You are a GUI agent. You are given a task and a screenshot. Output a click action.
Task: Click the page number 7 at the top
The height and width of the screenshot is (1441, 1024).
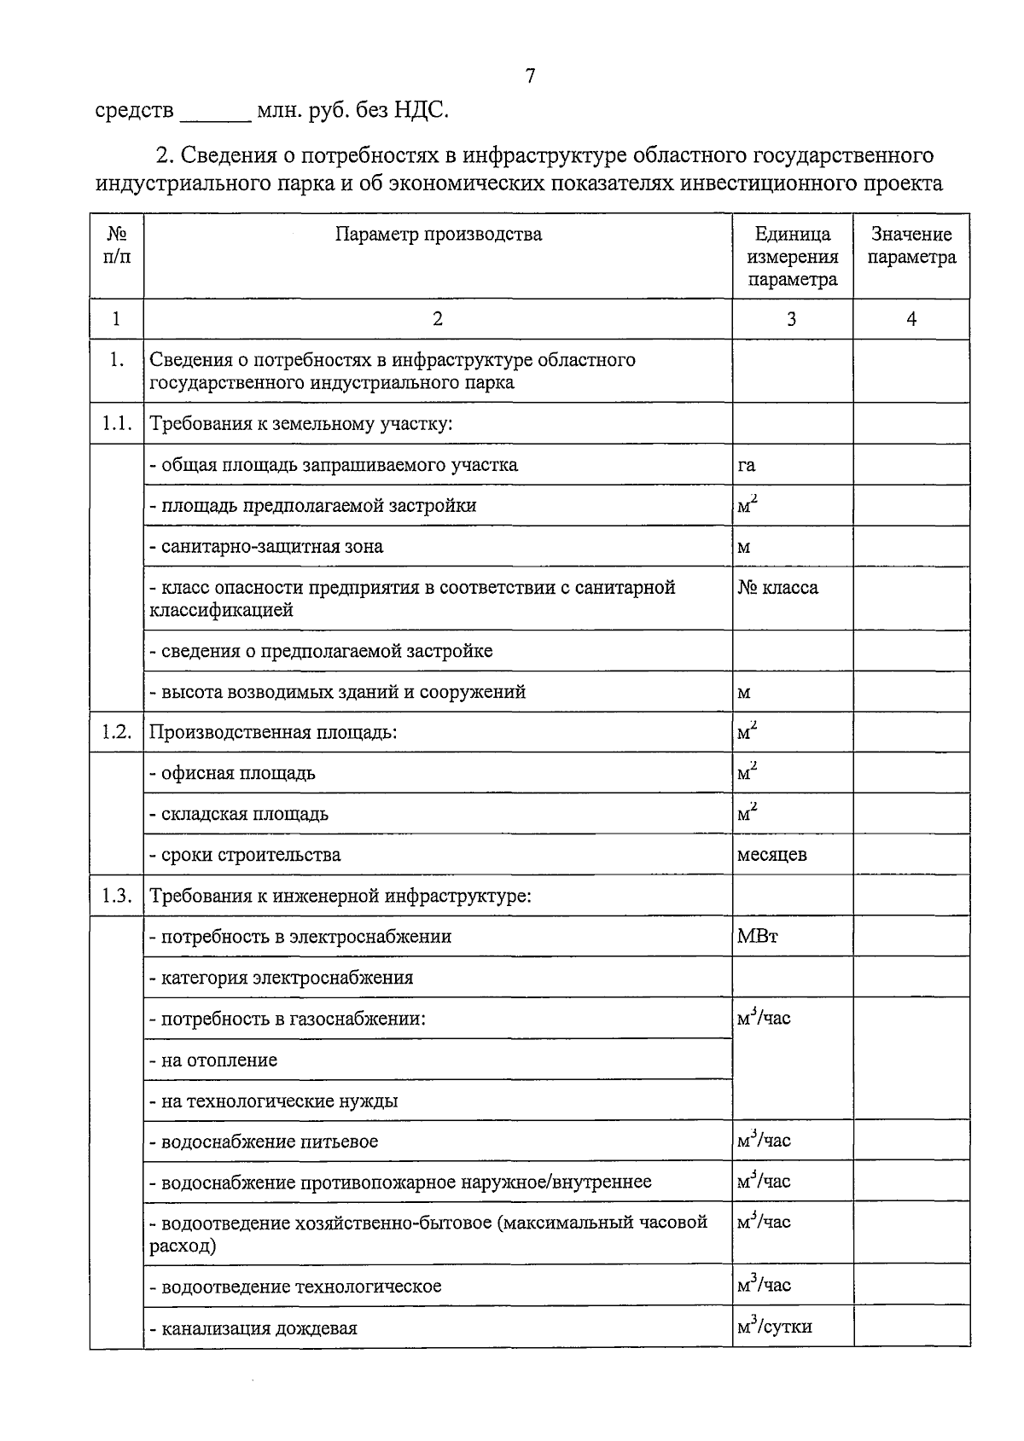[x=529, y=77]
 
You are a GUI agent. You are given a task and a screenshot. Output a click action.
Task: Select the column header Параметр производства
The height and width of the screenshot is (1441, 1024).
[x=438, y=235]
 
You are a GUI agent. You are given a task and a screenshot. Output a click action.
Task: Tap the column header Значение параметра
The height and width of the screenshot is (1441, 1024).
[x=911, y=246]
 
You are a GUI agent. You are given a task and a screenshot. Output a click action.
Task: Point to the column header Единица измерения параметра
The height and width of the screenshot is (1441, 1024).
[x=792, y=257]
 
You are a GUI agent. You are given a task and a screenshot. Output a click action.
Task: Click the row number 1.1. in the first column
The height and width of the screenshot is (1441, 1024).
[x=116, y=424]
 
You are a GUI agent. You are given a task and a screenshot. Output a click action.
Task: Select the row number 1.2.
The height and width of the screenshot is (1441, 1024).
[x=116, y=732]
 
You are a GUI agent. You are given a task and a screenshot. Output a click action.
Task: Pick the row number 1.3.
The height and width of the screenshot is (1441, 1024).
[x=116, y=896]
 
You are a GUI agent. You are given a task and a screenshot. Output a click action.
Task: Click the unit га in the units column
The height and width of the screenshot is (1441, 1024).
[x=747, y=465]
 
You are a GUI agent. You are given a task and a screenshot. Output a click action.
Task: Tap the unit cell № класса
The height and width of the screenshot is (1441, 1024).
[x=777, y=588]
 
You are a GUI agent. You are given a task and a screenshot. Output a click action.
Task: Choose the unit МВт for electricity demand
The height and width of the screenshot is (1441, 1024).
[x=757, y=937]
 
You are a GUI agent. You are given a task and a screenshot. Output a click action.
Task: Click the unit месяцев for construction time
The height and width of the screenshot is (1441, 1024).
[x=771, y=855]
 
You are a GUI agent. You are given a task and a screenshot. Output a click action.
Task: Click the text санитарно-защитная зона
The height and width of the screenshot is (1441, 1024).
[x=266, y=547]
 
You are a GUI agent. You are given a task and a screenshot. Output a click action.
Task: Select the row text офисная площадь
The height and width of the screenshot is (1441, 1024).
[x=232, y=773]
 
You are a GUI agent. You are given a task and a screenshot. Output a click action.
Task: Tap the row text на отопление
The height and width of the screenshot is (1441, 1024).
[x=213, y=1060]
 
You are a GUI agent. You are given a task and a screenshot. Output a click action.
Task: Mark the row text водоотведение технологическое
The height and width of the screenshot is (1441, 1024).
[x=295, y=1287]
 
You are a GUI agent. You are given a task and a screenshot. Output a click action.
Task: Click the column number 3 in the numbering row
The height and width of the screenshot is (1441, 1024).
[x=791, y=319]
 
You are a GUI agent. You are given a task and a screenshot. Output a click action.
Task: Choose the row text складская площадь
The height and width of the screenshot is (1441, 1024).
[x=239, y=814]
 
